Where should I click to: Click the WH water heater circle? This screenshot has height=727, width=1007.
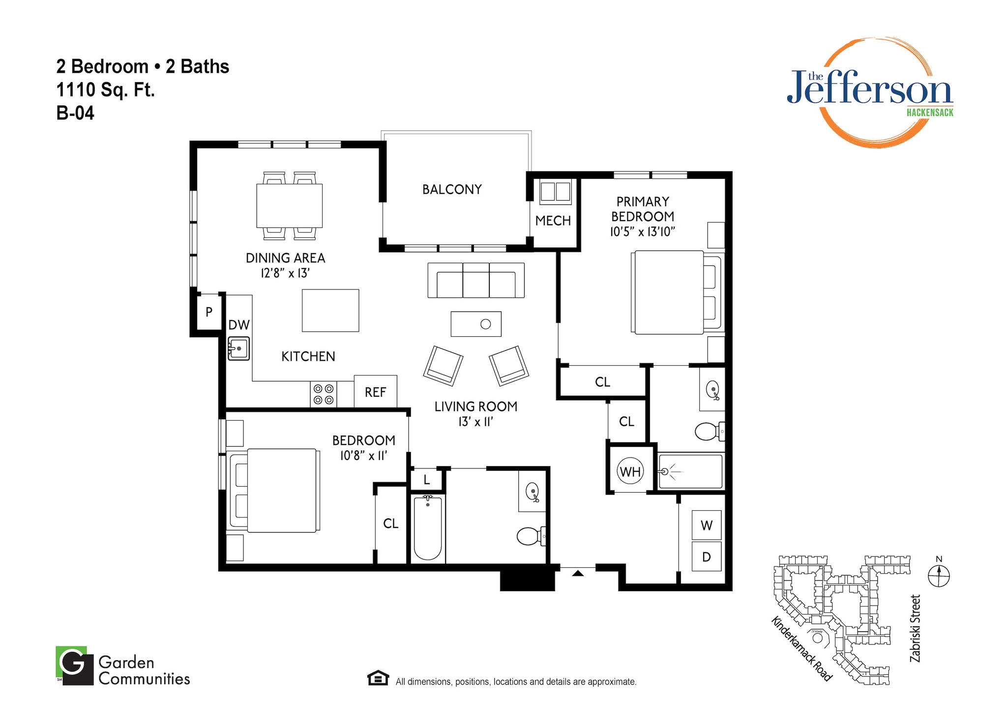click(x=630, y=472)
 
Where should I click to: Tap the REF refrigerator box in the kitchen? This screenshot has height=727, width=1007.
click(x=375, y=392)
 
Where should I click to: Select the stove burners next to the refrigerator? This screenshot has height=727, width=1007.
click(x=324, y=394)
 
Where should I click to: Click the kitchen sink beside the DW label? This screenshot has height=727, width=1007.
click(x=238, y=349)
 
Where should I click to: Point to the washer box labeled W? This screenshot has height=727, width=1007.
click(x=706, y=525)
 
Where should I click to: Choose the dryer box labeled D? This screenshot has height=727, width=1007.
click(x=706, y=556)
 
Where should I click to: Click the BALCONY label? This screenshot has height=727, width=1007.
click(x=452, y=189)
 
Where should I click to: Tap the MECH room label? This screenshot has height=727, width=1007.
click(x=553, y=221)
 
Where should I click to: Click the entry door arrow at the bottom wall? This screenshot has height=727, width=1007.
click(x=578, y=573)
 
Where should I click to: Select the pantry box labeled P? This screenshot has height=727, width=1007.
click(x=208, y=312)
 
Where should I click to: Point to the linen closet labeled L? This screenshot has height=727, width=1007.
click(x=426, y=480)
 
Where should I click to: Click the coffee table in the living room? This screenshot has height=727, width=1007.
click(x=475, y=324)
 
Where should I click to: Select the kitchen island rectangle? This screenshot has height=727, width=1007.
click(x=330, y=311)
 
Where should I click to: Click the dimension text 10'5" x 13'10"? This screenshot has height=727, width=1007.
click(x=642, y=232)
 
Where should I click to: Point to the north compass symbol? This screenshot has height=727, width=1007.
click(x=939, y=576)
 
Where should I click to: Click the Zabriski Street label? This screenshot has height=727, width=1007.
click(x=915, y=628)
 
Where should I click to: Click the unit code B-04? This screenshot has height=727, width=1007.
click(x=75, y=113)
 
